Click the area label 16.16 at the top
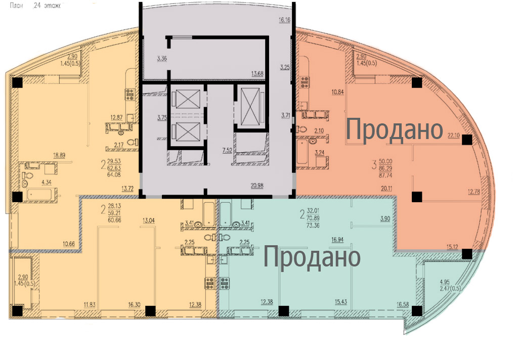coord(285,21)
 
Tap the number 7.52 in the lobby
coord(228,150)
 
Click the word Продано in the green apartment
coord(312,257)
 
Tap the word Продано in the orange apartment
coord(395,130)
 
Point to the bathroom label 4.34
coord(47,182)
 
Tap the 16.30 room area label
coord(134,304)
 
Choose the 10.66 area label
coord(69,244)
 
